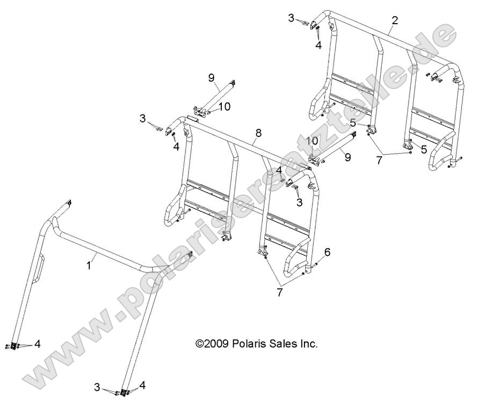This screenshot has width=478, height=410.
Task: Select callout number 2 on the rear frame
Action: pos(395,21)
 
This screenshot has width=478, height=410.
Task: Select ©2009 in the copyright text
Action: pos(213,343)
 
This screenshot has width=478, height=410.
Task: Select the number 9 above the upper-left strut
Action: pos(211,77)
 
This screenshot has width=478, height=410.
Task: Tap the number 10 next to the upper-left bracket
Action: pos(224,106)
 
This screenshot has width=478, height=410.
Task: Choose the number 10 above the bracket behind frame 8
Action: pos(312,141)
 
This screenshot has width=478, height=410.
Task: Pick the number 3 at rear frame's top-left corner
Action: pos(291,19)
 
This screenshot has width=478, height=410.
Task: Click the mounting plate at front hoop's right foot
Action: pos(124,394)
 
